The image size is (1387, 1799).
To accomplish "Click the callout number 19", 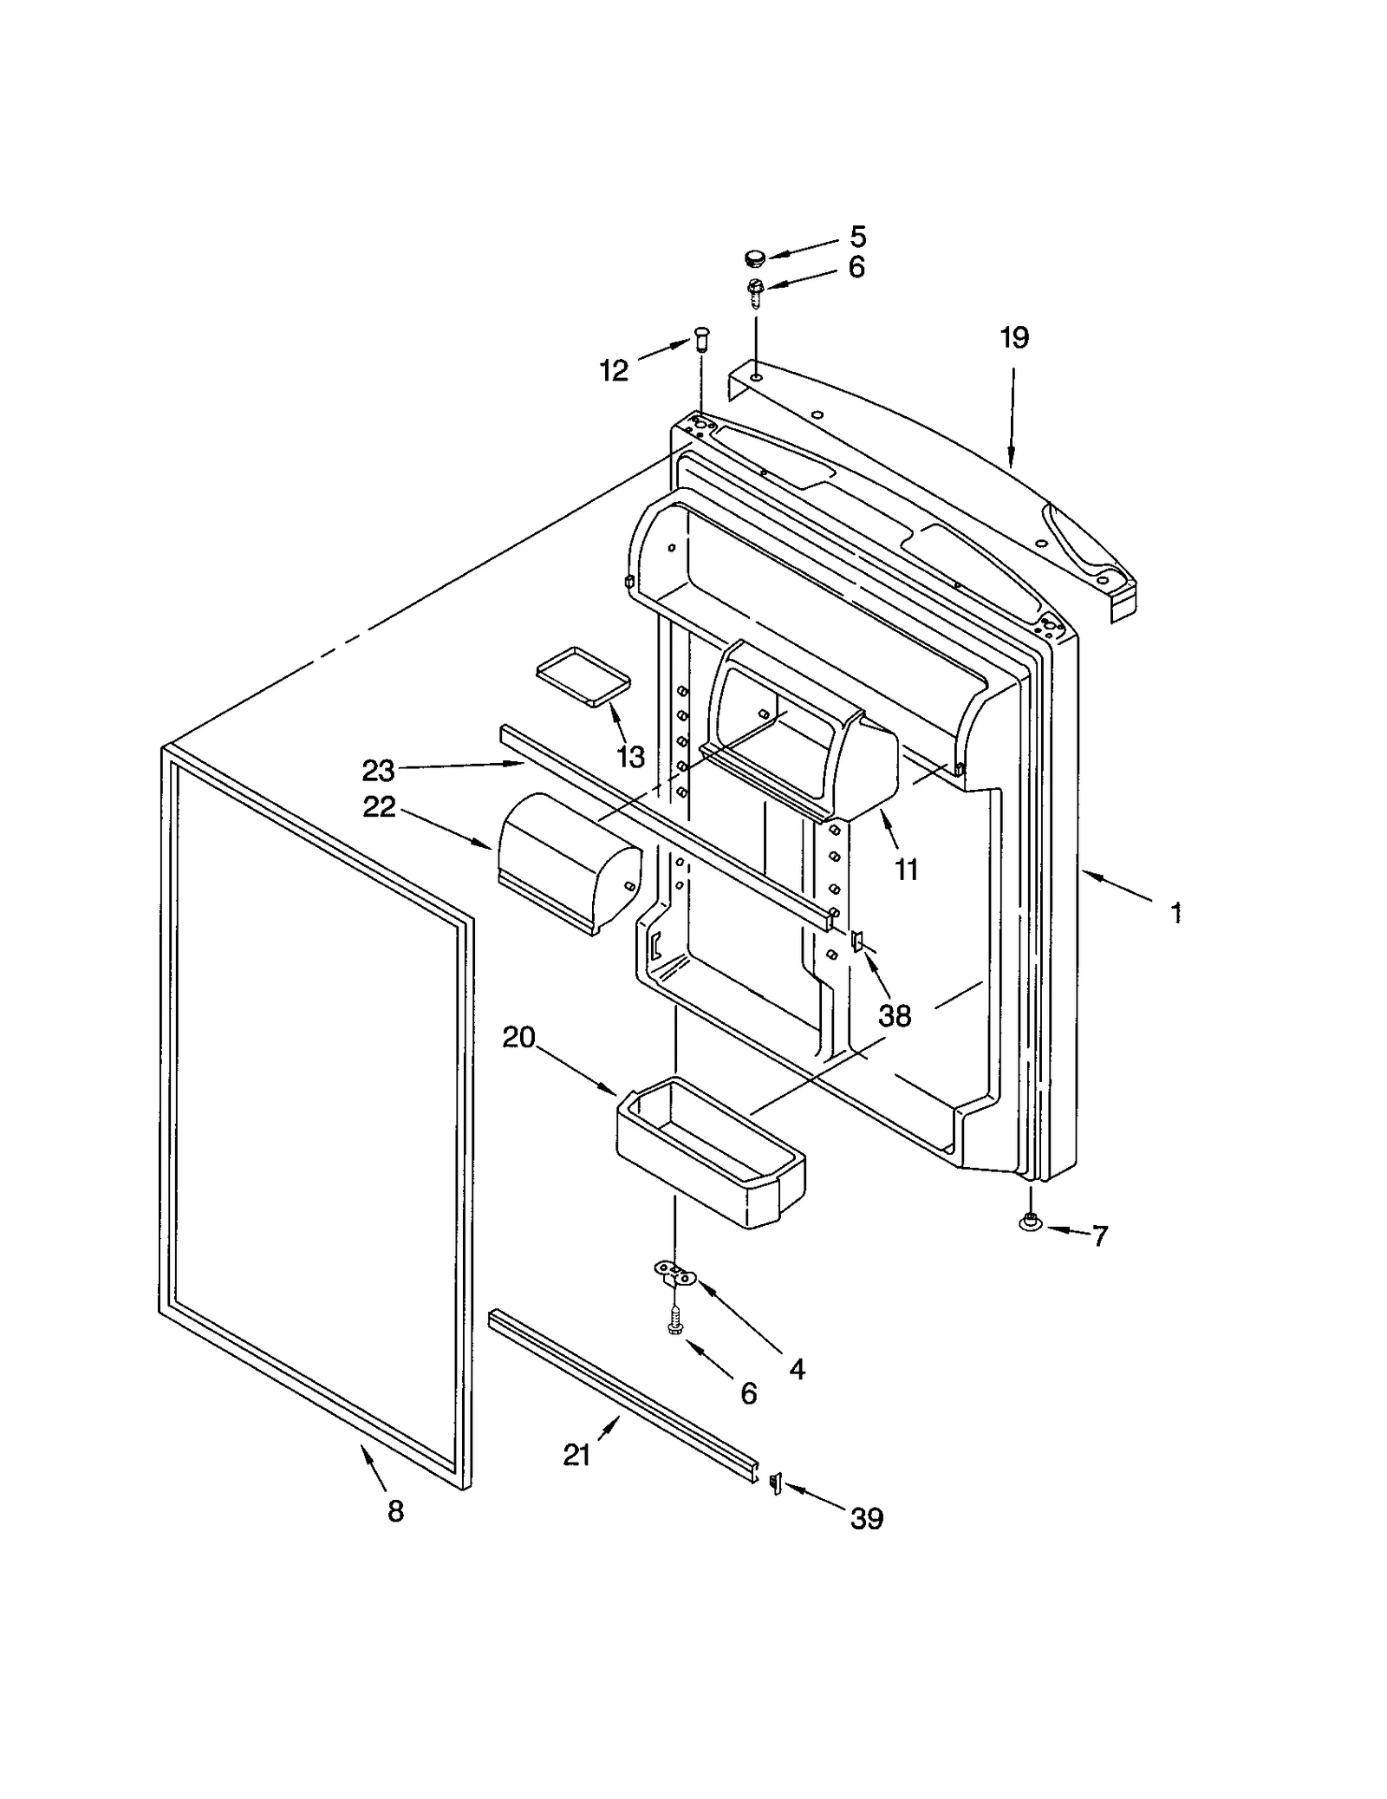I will pos(1014,338).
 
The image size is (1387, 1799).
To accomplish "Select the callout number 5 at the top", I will pos(857,237).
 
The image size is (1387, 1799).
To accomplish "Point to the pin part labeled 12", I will pos(701,337).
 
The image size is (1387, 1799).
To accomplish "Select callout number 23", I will pos(378,770).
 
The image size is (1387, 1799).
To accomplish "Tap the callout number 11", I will pos(906,869).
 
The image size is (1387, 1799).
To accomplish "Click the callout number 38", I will pos(895,1015).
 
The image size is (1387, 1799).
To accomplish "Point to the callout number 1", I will pos(1176,913).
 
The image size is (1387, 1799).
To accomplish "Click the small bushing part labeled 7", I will pos(1029,1222).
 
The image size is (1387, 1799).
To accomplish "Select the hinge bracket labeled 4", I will pos(674,1273).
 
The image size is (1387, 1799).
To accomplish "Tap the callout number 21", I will pos(577,1455).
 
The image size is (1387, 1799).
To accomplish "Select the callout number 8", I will pos(395,1511).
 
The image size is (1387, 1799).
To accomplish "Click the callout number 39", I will pos(866,1518).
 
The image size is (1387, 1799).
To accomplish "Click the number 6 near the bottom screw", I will pos(748,1393).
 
